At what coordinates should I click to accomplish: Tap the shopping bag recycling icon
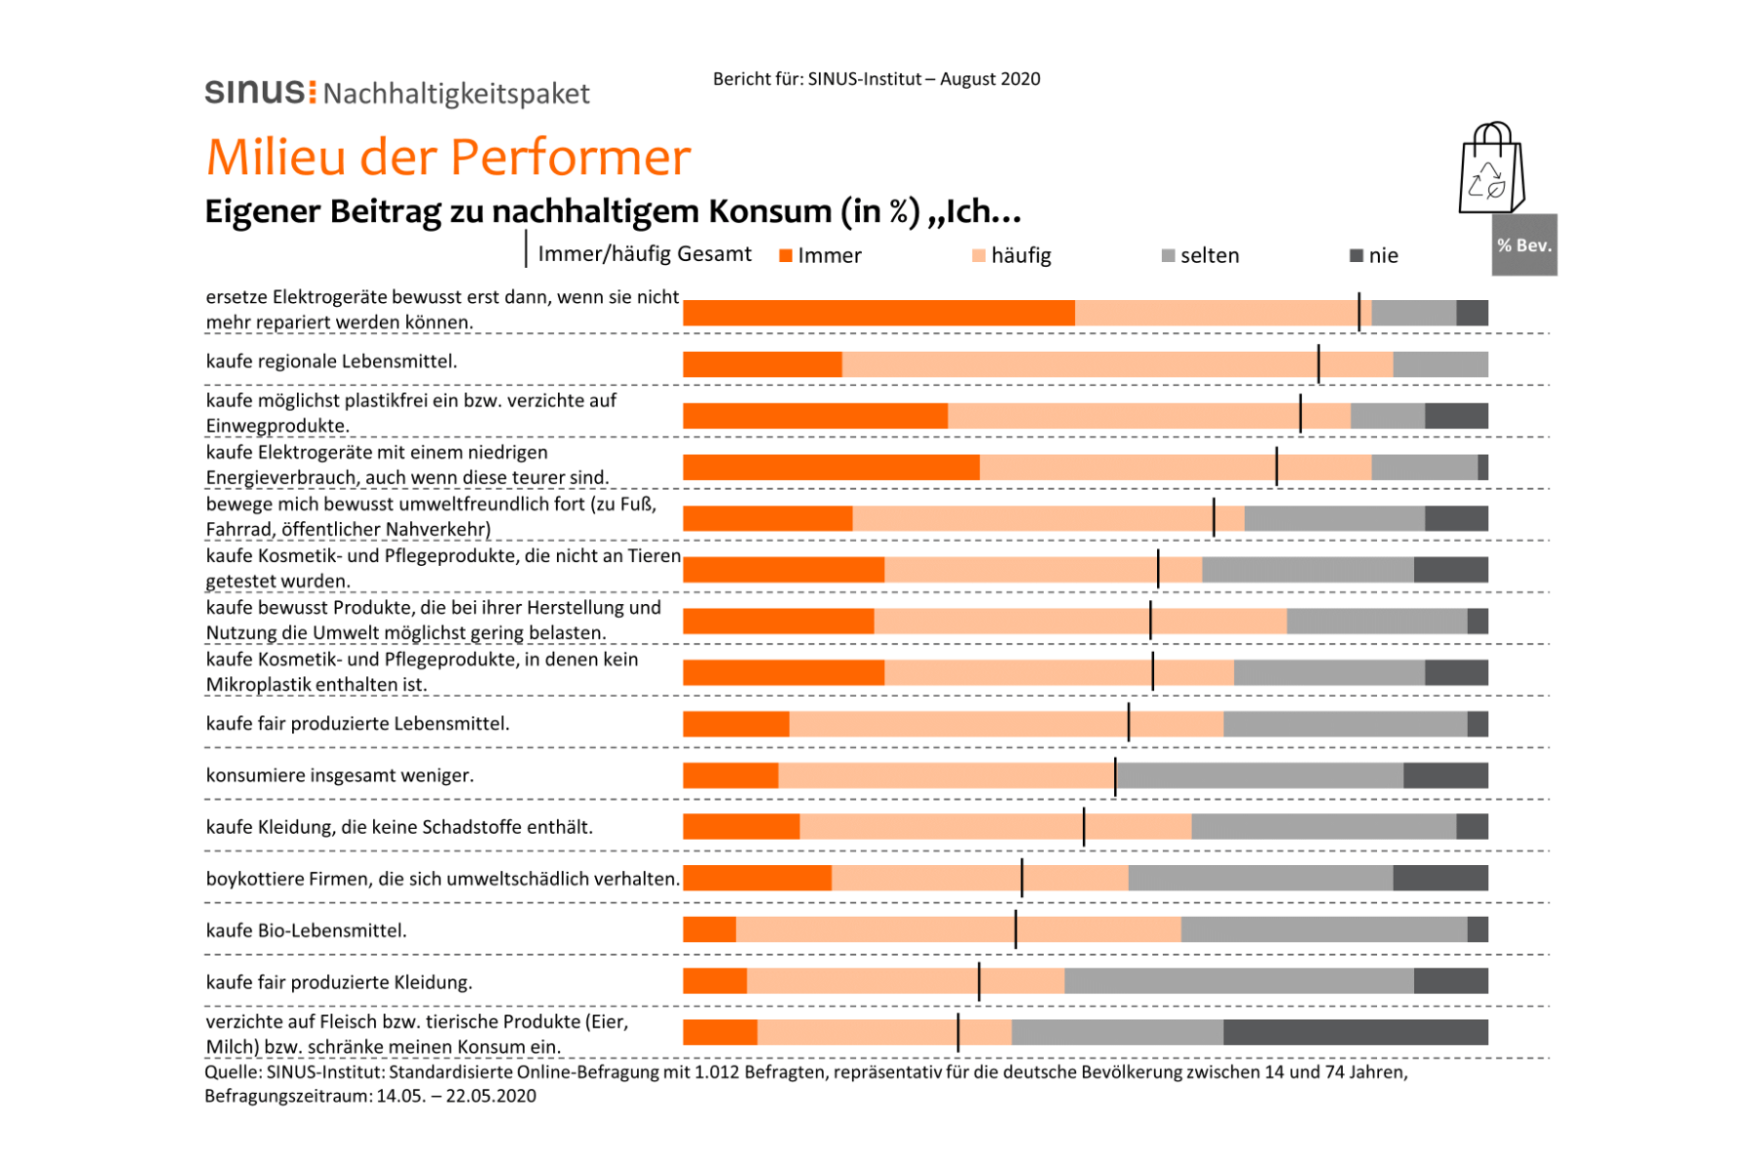pyautogui.click(x=1491, y=168)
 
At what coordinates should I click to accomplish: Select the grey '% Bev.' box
pyautogui.click(x=1524, y=245)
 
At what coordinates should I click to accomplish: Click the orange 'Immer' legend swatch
pyautogui.click(x=785, y=256)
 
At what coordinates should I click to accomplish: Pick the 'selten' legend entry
pyautogui.click(x=1201, y=255)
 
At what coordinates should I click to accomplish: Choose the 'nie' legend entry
pyautogui.click(x=1374, y=255)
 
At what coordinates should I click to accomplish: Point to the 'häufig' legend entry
pyautogui.click(x=1012, y=255)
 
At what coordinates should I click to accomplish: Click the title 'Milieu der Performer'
pyautogui.click(x=448, y=156)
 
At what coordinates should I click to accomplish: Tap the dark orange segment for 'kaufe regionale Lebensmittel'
pyautogui.click(x=763, y=364)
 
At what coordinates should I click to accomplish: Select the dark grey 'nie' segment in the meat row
pyautogui.click(x=1356, y=1032)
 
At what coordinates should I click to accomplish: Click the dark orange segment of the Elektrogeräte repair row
pyautogui.click(x=879, y=313)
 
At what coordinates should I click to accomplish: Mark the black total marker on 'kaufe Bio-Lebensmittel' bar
pyautogui.click(x=1016, y=929)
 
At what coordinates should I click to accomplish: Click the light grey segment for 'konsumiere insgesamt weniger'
pyautogui.click(x=1260, y=775)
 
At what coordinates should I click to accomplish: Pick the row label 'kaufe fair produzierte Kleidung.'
pyautogui.click(x=339, y=982)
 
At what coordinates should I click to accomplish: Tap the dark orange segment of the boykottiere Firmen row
pyautogui.click(x=758, y=878)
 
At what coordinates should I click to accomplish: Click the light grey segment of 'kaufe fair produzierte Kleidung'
pyautogui.click(x=1239, y=981)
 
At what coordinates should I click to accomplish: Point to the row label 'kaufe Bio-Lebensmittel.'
pyautogui.click(x=307, y=930)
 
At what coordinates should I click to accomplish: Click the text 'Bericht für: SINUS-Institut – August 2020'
pyautogui.click(x=876, y=79)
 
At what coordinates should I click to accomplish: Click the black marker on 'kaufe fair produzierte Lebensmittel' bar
pyautogui.click(x=1129, y=723)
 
